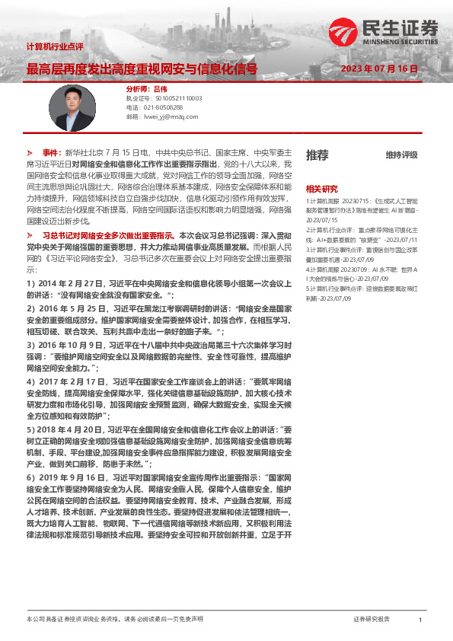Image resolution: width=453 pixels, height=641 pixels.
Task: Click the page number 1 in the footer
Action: tap(420, 620)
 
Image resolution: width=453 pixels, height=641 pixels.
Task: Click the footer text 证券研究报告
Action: tap(372, 620)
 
